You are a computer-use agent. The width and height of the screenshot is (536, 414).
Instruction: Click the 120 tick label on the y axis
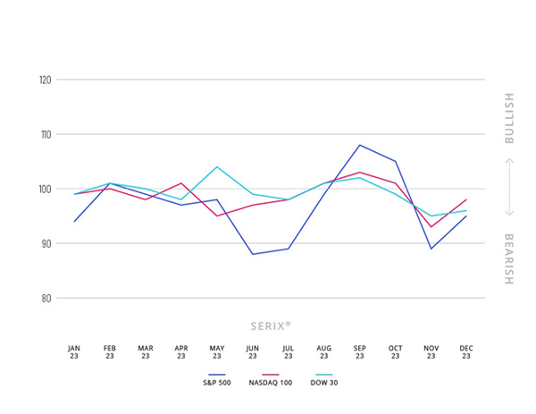(44, 80)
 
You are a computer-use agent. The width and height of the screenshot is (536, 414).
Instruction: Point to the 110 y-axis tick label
(44, 134)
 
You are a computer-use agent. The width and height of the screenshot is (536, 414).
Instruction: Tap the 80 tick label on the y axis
(45, 298)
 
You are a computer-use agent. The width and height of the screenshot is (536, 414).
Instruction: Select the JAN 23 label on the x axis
(74, 351)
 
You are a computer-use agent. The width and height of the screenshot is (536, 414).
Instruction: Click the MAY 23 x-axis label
(217, 351)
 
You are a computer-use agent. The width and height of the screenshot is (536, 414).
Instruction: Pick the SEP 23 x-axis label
(360, 351)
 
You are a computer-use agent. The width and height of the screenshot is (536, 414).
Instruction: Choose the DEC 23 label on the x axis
(466, 351)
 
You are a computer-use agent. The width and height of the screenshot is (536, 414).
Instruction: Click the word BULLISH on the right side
(508, 118)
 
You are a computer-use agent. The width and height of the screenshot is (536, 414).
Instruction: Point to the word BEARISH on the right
(508, 259)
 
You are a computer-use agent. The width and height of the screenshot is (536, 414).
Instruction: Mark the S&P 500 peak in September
(359, 145)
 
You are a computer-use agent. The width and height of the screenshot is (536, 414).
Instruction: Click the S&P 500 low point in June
(252, 254)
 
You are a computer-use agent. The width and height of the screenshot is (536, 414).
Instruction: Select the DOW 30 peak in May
(217, 166)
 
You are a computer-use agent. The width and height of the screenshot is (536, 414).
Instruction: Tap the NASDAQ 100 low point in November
(431, 226)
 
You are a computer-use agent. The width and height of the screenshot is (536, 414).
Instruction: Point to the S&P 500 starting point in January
(74, 221)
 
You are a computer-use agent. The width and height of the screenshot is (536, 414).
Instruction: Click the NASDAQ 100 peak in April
(181, 183)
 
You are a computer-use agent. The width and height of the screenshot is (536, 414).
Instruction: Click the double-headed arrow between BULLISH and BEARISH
(508, 189)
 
